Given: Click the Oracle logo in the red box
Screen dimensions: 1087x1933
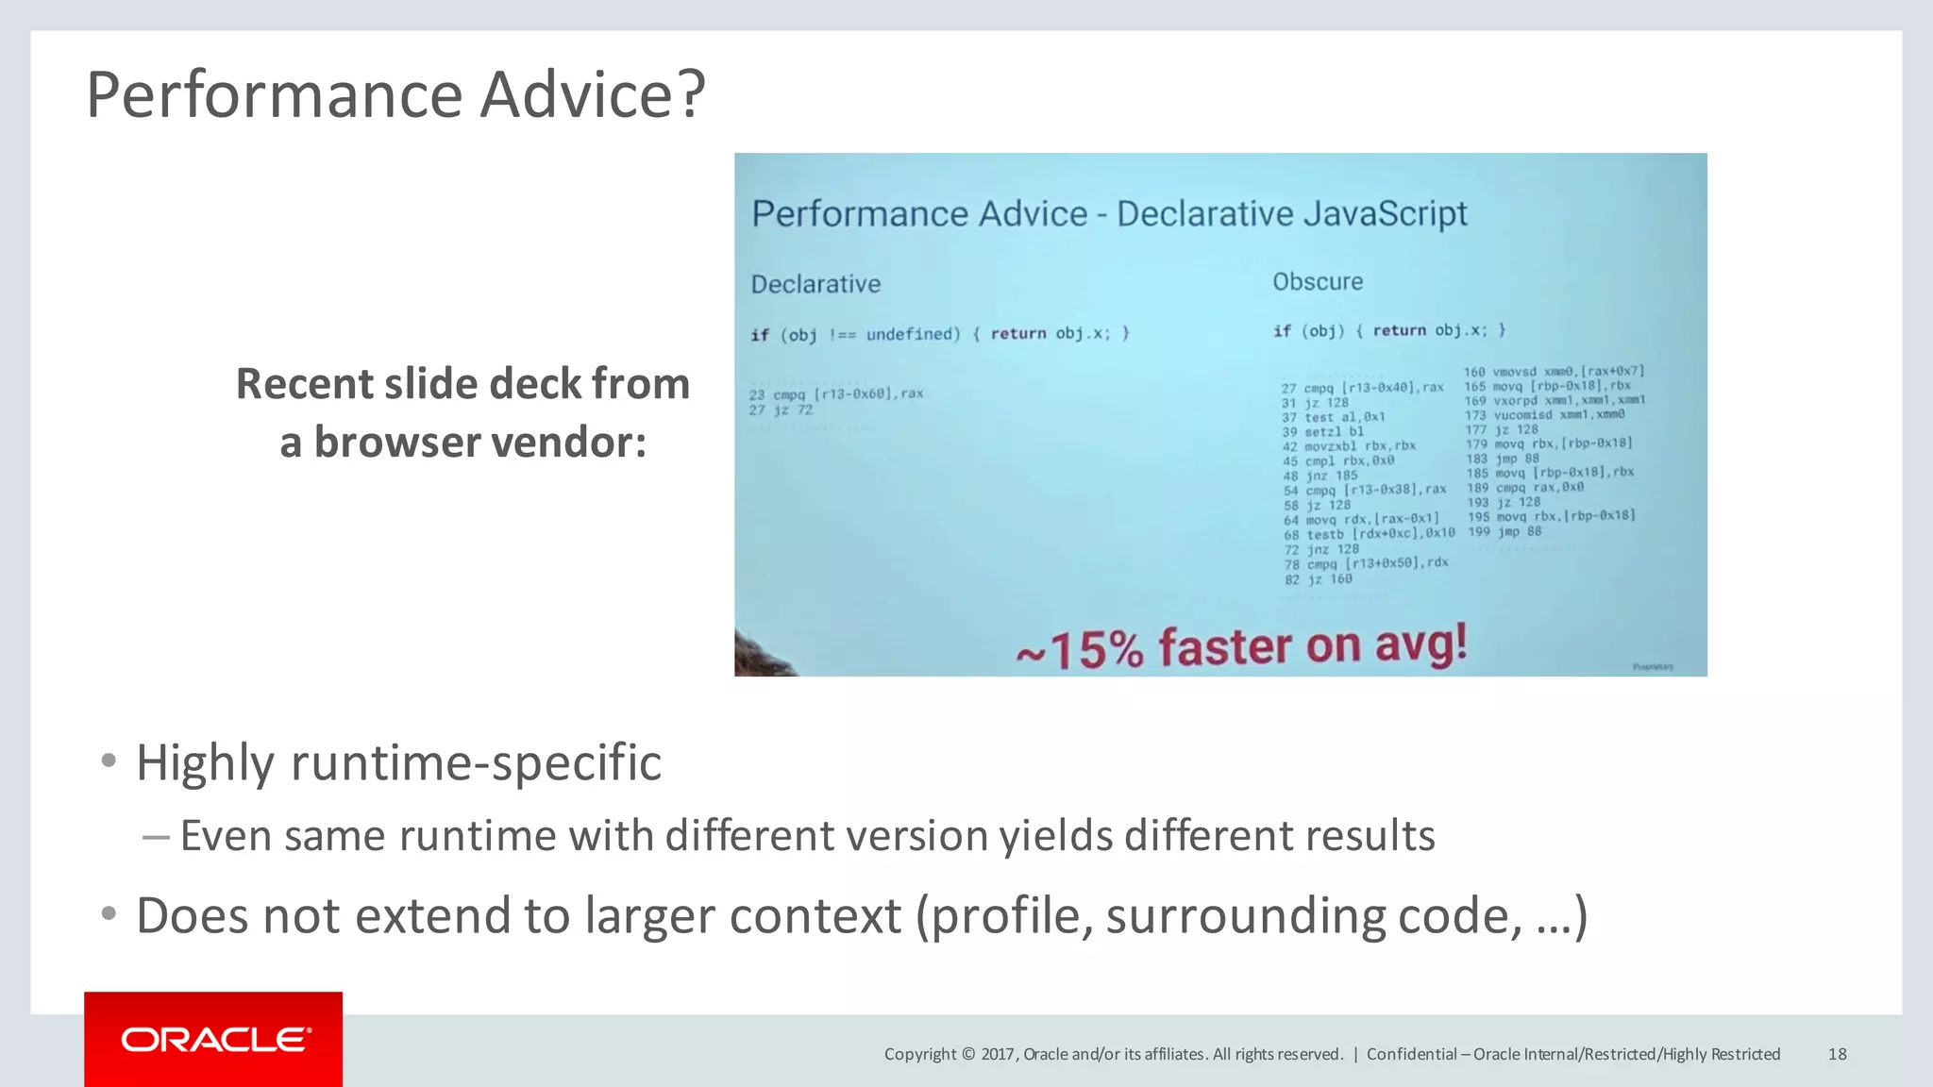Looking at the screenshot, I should tap(214, 1040).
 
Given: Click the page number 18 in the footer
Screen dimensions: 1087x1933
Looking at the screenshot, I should tap(1837, 1054).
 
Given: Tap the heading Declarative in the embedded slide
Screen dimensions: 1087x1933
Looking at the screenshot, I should tap(815, 284).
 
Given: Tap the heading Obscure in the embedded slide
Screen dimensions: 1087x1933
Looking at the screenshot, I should tap(1318, 281).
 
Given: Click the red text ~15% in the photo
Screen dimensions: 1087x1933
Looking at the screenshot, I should tap(1079, 649).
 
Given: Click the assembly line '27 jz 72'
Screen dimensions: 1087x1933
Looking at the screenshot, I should tap(781, 410).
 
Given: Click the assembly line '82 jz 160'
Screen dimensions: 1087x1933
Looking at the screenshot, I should tap(1318, 579).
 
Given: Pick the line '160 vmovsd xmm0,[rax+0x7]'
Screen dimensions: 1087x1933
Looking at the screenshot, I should tap(1554, 372).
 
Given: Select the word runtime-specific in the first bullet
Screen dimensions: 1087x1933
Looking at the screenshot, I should tap(476, 762).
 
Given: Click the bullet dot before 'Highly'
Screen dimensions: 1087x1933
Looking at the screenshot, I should tap(109, 761).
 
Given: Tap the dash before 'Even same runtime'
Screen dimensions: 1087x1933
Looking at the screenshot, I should tap(155, 836).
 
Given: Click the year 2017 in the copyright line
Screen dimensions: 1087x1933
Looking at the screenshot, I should tap(998, 1054).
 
